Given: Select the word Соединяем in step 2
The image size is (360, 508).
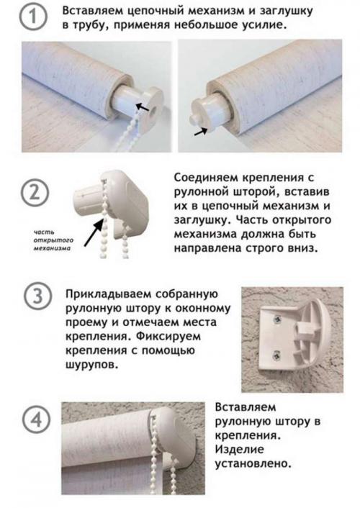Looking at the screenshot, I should (x=208, y=178).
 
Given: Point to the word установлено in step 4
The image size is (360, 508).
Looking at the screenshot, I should (x=253, y=464).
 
